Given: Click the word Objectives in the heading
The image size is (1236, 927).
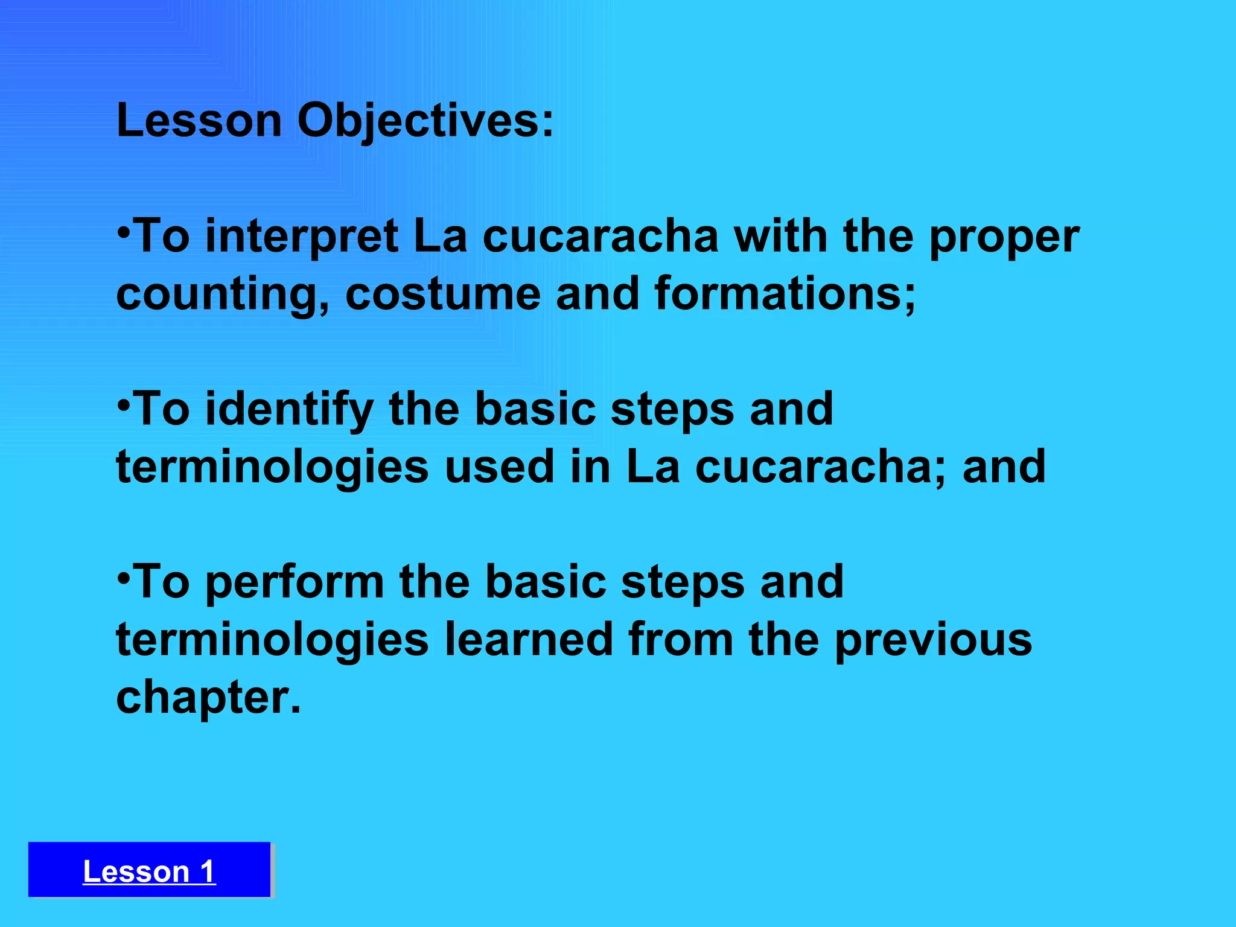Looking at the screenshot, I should [425, 121].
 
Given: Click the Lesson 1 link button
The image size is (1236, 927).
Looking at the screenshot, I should [149, 871].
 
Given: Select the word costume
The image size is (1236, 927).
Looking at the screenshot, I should [442, 294].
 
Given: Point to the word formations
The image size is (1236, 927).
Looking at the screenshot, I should [785, 294].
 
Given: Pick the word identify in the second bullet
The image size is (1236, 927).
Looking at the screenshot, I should [290, 410].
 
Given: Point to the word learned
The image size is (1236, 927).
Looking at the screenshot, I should [529, 640].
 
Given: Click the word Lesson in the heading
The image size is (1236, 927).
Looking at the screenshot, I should [199, 121].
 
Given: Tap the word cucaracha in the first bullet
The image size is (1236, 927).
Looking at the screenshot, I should [600, 237].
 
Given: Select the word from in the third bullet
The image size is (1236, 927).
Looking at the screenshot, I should [681, 640].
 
